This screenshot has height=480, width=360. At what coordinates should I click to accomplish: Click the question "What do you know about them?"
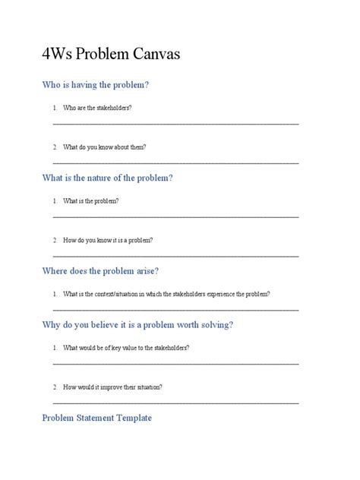pyautogui.click(x=105, y=147)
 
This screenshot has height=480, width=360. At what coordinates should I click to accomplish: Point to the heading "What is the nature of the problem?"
pyautogui.click(x=108, y=178)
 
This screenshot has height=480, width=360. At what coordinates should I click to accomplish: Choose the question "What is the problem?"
pyautogui.click(x=90, y=201)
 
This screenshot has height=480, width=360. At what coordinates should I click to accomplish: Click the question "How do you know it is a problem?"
pyautogui.click(x=108, y=240)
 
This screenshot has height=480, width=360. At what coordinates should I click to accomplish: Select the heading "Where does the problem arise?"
pyautogui.click(x=100, y=271)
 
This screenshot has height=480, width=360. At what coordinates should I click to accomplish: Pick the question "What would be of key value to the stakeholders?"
pyautogui.click(x=126, y=348)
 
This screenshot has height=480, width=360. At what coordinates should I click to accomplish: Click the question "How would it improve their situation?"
pyautogui.click(x=112, y=387)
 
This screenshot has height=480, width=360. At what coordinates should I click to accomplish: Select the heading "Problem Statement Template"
pyautogui.click(x=96, y=418)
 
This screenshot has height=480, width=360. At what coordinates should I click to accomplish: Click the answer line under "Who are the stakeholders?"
pyautogui.click(x=175, y=123)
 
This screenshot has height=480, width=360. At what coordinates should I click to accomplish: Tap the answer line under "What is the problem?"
pyautogui.click(x=175, y=216)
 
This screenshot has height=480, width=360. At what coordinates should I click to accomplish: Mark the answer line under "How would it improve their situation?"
pyautogui.click(x=175, y=402)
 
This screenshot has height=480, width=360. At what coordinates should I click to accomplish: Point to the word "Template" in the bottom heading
pyautogui.click(x=131, y=418)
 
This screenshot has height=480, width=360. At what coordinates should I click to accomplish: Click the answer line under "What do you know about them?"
pyautogui.click(x=175, y=162)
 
